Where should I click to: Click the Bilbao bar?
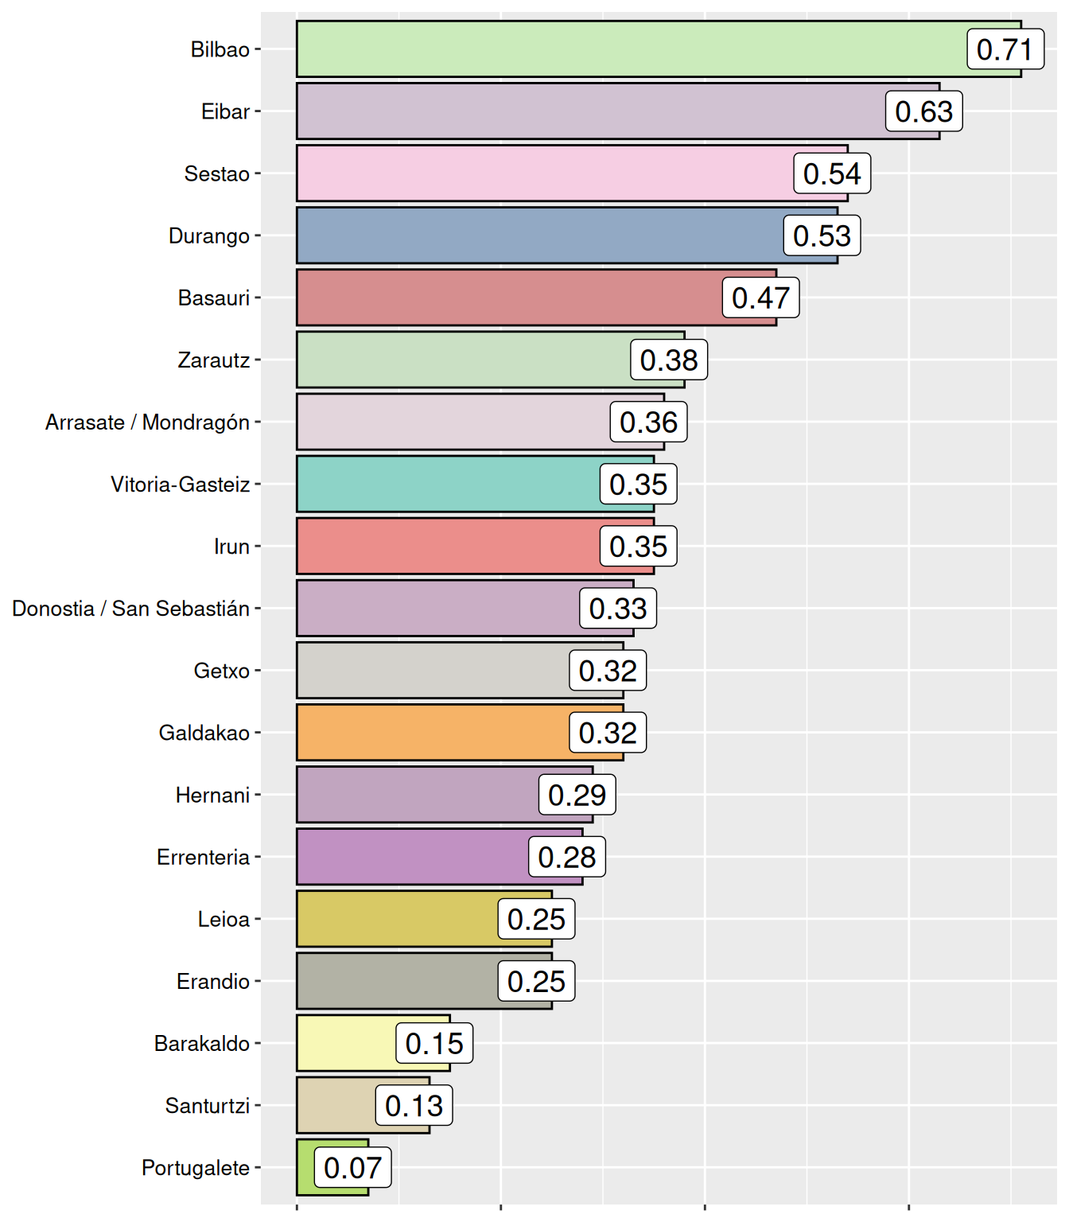[x=628, y=49]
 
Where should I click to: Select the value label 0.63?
[x=923, y=111]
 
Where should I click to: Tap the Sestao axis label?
[x=216, y=173]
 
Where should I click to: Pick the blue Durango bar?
[x=541, y=235]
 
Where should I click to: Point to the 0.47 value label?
[x=760, y=298]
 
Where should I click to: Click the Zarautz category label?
[x=213, y=360]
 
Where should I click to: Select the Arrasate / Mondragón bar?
[x=453, y=422]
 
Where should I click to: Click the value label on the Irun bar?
[x=638, y=547]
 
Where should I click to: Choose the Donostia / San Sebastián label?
[x=131, y=609]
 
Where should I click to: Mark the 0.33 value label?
[x=618, y=609]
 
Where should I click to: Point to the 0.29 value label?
[x=577, y=795]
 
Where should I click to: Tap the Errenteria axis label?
[x=203, y=857]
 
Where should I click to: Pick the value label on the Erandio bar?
[x=536, y=981]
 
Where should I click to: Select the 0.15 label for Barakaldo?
[x=434, y=1043]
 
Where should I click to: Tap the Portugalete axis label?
[x=196, y=1168]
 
